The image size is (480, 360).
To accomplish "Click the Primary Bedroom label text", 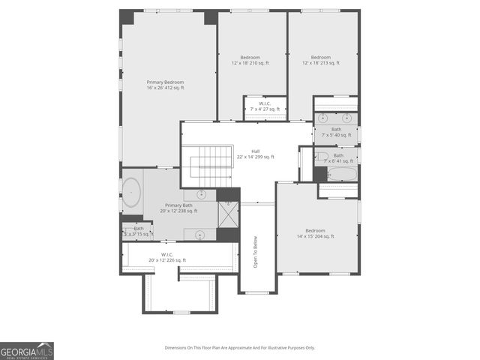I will [x=165, y=85].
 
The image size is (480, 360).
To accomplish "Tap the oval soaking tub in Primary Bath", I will [x=132, y=193].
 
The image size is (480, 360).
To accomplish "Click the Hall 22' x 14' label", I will [x=255, y=154].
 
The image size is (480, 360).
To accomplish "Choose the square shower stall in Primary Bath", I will [x=227, y=214].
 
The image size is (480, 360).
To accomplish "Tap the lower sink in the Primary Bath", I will [x=200, y=235].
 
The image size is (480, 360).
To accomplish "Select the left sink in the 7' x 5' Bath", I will [x=323, y=118].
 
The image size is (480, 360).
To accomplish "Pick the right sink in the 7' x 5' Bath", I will [x=347, y=118].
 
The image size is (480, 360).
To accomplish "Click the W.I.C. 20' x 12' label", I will [x=166, y=257].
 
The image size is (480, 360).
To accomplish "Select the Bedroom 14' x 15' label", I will [x=315, y=233].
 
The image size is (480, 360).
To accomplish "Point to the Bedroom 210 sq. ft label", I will [x=250, y=60].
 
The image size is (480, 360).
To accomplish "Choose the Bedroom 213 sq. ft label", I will [x=321, y=60].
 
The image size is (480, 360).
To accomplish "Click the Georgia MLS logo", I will [x=27, y=351].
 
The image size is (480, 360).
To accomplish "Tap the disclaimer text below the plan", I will [x=240, y=348].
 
